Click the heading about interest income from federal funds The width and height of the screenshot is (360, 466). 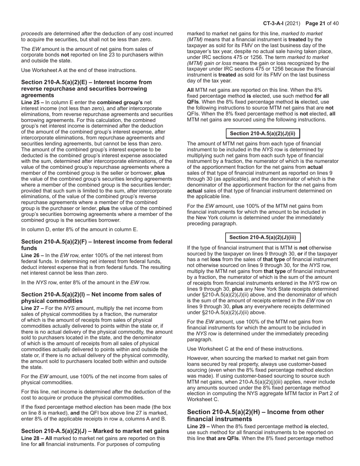click(97, 245)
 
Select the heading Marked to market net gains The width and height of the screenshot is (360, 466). click(95, 431)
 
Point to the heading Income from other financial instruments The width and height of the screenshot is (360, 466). click(255, 415)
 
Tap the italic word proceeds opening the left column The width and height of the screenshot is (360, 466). click(32, 34)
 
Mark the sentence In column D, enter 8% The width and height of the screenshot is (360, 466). click(80, 229)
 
